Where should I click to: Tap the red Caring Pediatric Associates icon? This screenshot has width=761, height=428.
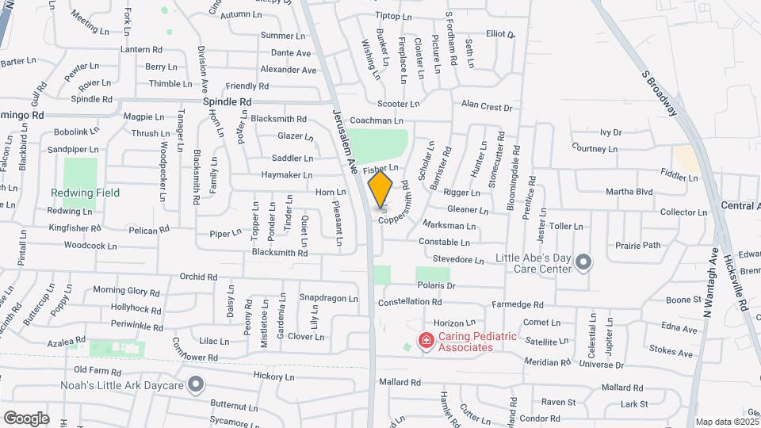coord(426,342)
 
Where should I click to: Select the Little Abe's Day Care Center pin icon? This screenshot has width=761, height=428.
coord(584,262)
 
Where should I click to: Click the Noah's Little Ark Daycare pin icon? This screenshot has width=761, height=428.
coord(197,386)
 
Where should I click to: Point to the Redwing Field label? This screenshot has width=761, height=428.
coord(85,193)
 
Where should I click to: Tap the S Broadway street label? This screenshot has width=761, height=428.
coord(660,92)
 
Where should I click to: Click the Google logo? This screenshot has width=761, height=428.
coord(26,418)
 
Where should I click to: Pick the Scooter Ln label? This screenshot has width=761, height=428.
coord(398,104)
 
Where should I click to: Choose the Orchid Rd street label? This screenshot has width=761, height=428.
coord(198,277)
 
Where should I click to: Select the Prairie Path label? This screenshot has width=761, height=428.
coord(639,245)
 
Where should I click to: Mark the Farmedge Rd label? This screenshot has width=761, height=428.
coord(518,304)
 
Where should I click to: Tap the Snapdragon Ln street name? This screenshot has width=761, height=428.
coord(328,298)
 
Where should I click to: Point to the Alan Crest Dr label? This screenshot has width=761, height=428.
coord(487,107)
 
